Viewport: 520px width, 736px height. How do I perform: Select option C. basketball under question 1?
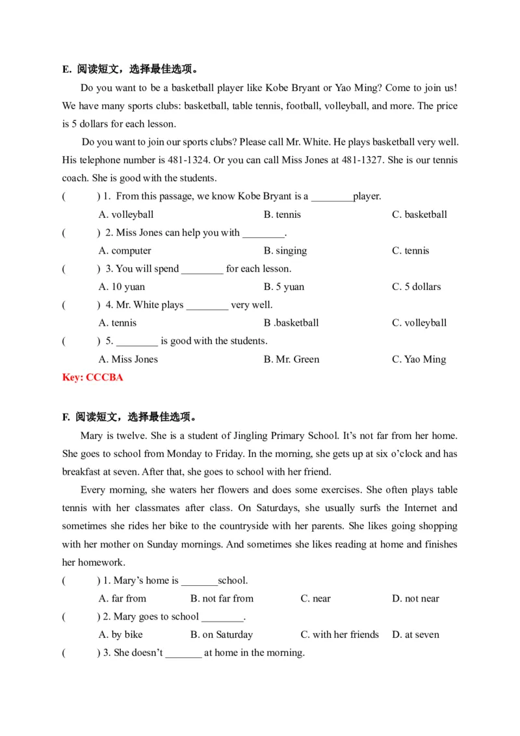(x=419, y=215)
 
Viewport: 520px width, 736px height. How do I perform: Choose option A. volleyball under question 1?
(x=126, y=215)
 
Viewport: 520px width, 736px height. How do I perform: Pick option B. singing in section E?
(x=285, y=250)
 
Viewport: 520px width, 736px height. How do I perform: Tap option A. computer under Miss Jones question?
(x=125, y=250)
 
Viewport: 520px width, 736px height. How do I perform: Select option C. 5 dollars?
(x=416, y=287)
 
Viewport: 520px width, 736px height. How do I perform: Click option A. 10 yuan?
(x=122, y=287)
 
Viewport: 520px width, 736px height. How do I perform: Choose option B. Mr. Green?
(x=291, y=359)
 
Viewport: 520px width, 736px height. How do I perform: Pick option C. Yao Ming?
(x=419, y=359)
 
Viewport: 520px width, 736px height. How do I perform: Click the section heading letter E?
(x=66, y=70)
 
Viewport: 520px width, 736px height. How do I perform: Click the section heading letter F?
(x=66, y=417)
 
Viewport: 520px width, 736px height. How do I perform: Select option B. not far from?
(x=222, y=598)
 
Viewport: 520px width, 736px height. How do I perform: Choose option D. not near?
(x=415, y=598)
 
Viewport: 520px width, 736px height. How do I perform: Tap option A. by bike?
(x=120, y=635)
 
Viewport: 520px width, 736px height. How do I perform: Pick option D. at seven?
(x=415, y=635)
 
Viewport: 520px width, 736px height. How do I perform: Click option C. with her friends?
(x=339, y=635)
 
